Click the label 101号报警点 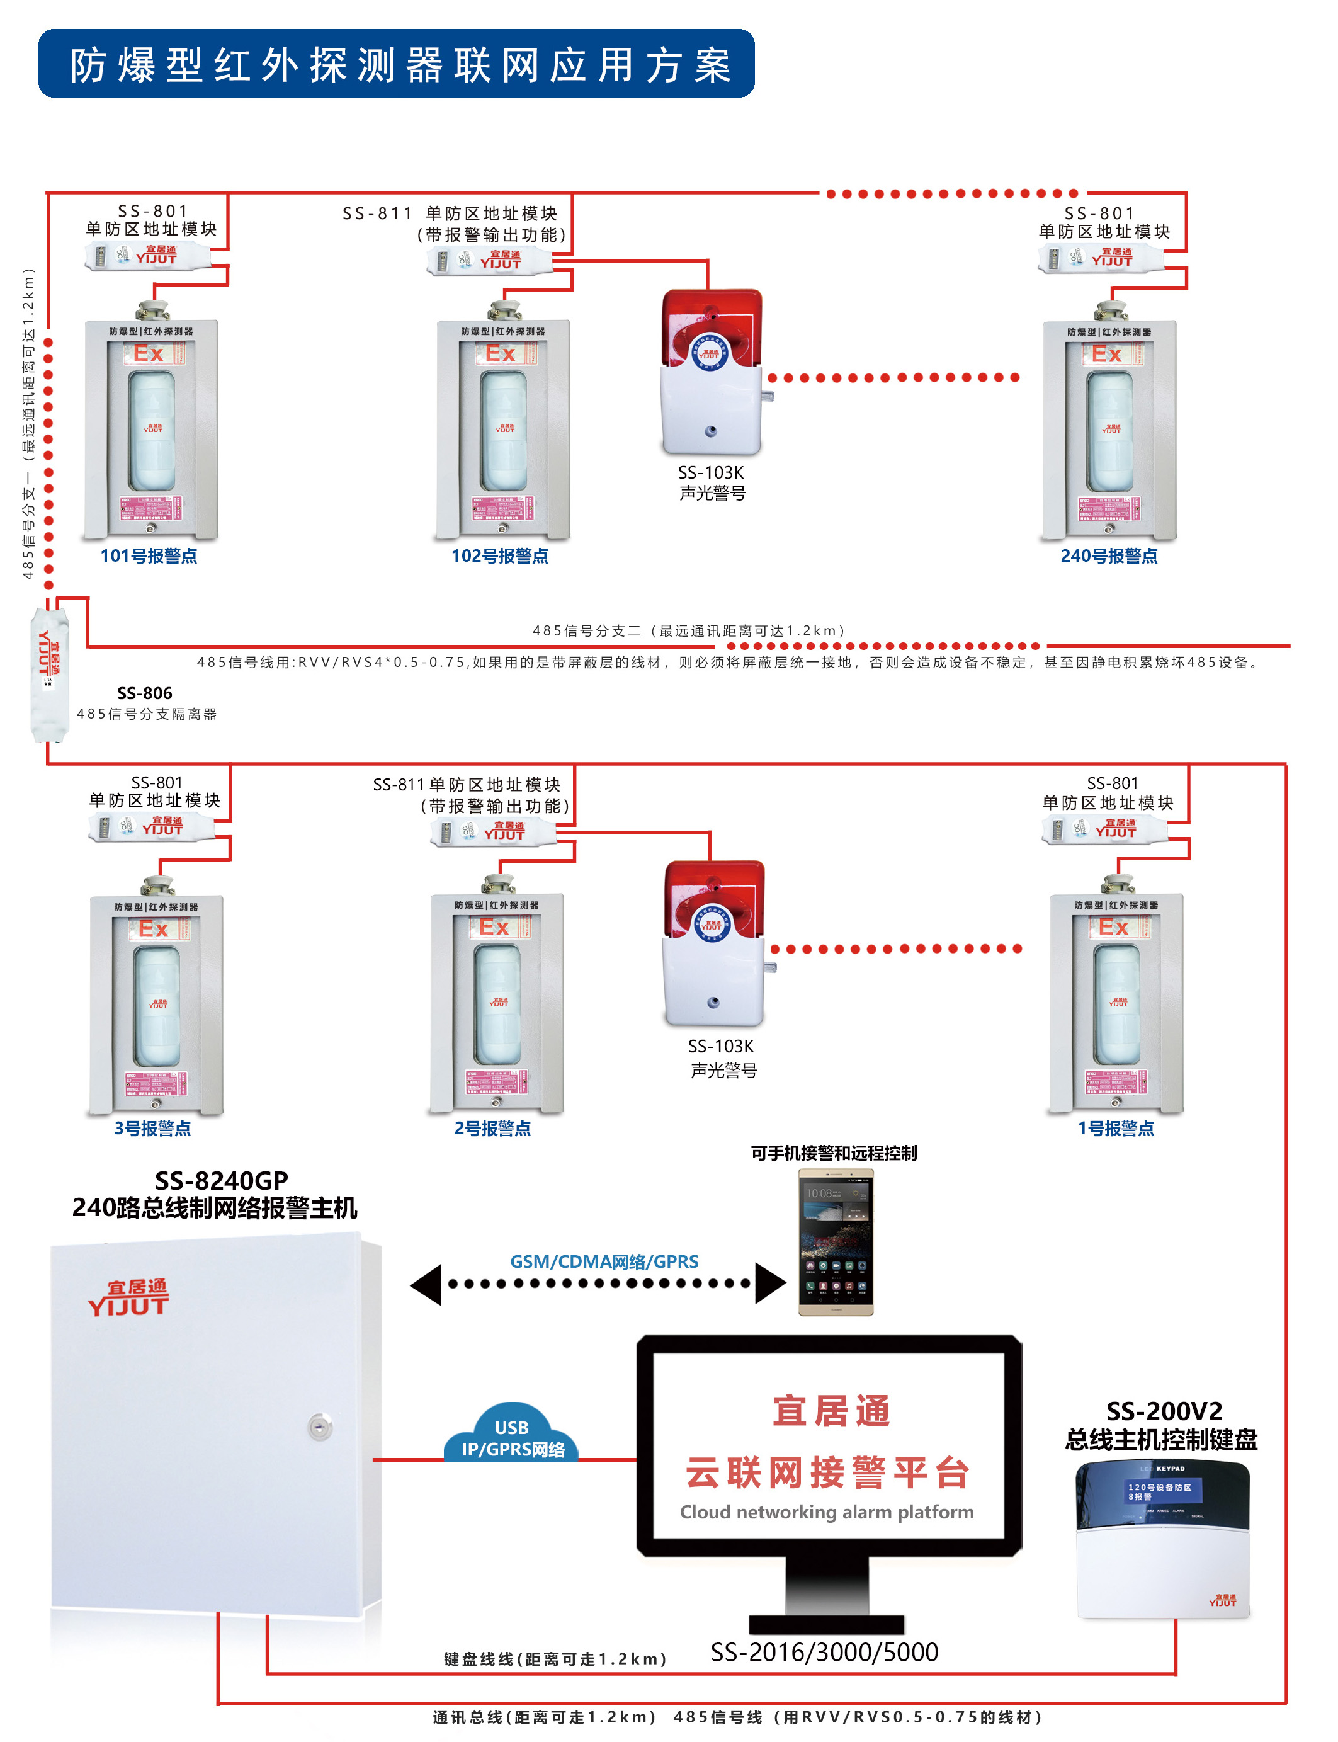click(x=149, y=556)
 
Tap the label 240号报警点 click(x=1109, y=556)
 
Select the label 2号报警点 click(x=492, y=1128)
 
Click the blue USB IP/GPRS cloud click(x=512, y=1436)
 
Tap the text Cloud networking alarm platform click(x=827, y=1511)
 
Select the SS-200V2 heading click(x=1164, y=1411)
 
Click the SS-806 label click(x=144, y=693)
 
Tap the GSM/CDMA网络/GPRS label click(x=604, y=1261)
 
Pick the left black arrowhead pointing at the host click(x=427, y=1284)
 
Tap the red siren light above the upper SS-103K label click(x=712, y=327)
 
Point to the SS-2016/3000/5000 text click(x=824, y=1652)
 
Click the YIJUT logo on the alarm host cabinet click(x=128, y=1299)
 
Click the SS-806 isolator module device click(x=49, y=673)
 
